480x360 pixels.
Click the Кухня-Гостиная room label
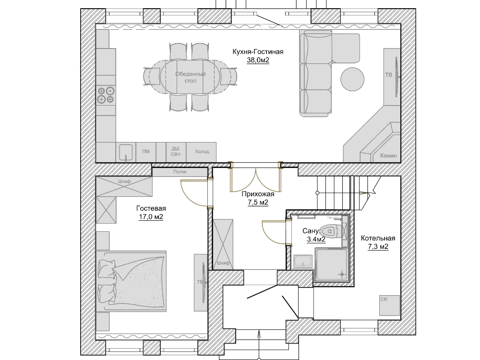coord(258,52)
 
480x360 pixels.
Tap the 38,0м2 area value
coord(258,60)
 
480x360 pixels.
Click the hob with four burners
coord(105,95)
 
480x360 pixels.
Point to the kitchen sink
coord(126,152)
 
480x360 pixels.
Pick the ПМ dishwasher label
coord(146,152)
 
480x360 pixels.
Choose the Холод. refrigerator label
coord(202,152)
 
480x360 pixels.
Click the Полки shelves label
coord(180,171)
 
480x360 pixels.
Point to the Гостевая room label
coord(151,208)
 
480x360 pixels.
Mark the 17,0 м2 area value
coord(151,217)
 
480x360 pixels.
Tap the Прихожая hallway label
coord(258,194)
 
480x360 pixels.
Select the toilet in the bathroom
coord(334,231)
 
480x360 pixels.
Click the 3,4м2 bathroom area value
coord(316,239)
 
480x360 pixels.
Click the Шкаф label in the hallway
coord(222,264)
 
